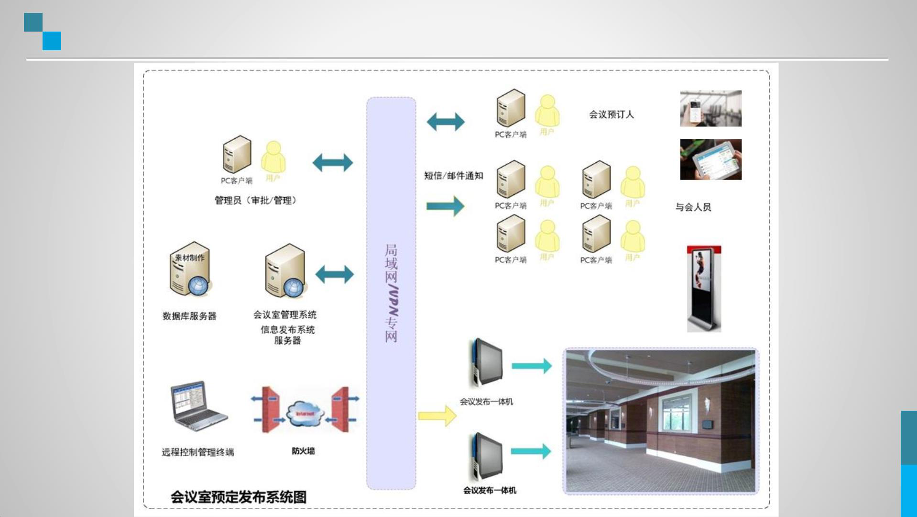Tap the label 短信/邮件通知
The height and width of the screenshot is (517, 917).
(453, 176)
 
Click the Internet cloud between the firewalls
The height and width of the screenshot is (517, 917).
(305, 414)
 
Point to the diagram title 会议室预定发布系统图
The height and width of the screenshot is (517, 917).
(239, 497)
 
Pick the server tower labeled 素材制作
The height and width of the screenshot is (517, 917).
(190, 270)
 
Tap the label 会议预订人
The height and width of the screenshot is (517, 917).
(611, 114)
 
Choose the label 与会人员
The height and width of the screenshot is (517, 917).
(693, 207)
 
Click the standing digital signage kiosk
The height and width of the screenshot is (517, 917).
(704, 288)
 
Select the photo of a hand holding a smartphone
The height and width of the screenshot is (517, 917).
(710, 109)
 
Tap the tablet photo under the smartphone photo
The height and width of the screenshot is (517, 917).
(710, 159)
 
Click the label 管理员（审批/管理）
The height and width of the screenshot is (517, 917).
(255, 200)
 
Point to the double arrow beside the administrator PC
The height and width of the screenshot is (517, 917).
(332, 163)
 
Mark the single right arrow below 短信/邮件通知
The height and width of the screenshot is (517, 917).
(445, 206)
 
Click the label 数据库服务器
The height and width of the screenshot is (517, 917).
(189, 316)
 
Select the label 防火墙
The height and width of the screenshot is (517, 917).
(303, 451)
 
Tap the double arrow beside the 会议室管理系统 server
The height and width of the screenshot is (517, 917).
(334, 274)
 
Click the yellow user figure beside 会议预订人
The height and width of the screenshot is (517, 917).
(547, 112)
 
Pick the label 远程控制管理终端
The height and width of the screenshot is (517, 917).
(197, 452)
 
